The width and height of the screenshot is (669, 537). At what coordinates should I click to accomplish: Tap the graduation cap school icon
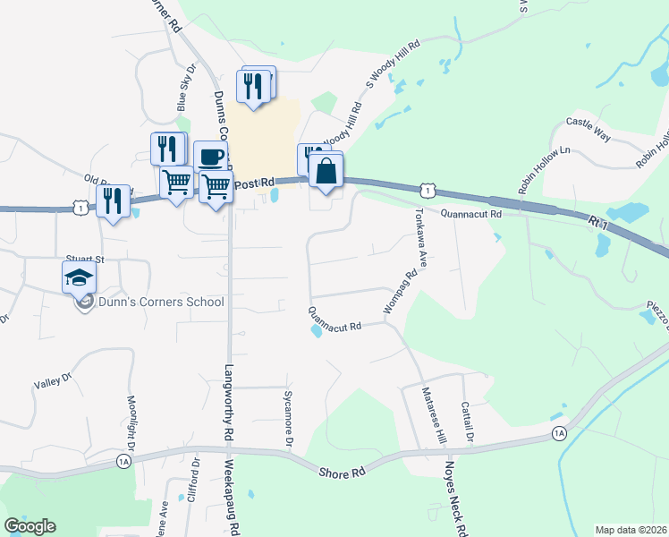pyautogui.click(x=79, y=277)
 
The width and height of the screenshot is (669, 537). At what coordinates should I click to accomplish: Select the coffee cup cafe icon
pyautogui.click(x=210, y=157)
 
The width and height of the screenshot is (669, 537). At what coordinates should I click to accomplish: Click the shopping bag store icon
pyautogui.click(x=327, y=170)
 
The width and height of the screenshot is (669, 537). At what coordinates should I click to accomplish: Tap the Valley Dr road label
pyautogui.click(x=52, y=380)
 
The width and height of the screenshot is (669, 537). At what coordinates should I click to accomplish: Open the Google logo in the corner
pyautogui.click(x=30, y=526)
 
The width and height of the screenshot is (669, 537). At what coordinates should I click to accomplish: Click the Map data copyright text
pyautogui.click(x=631, y=530)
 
